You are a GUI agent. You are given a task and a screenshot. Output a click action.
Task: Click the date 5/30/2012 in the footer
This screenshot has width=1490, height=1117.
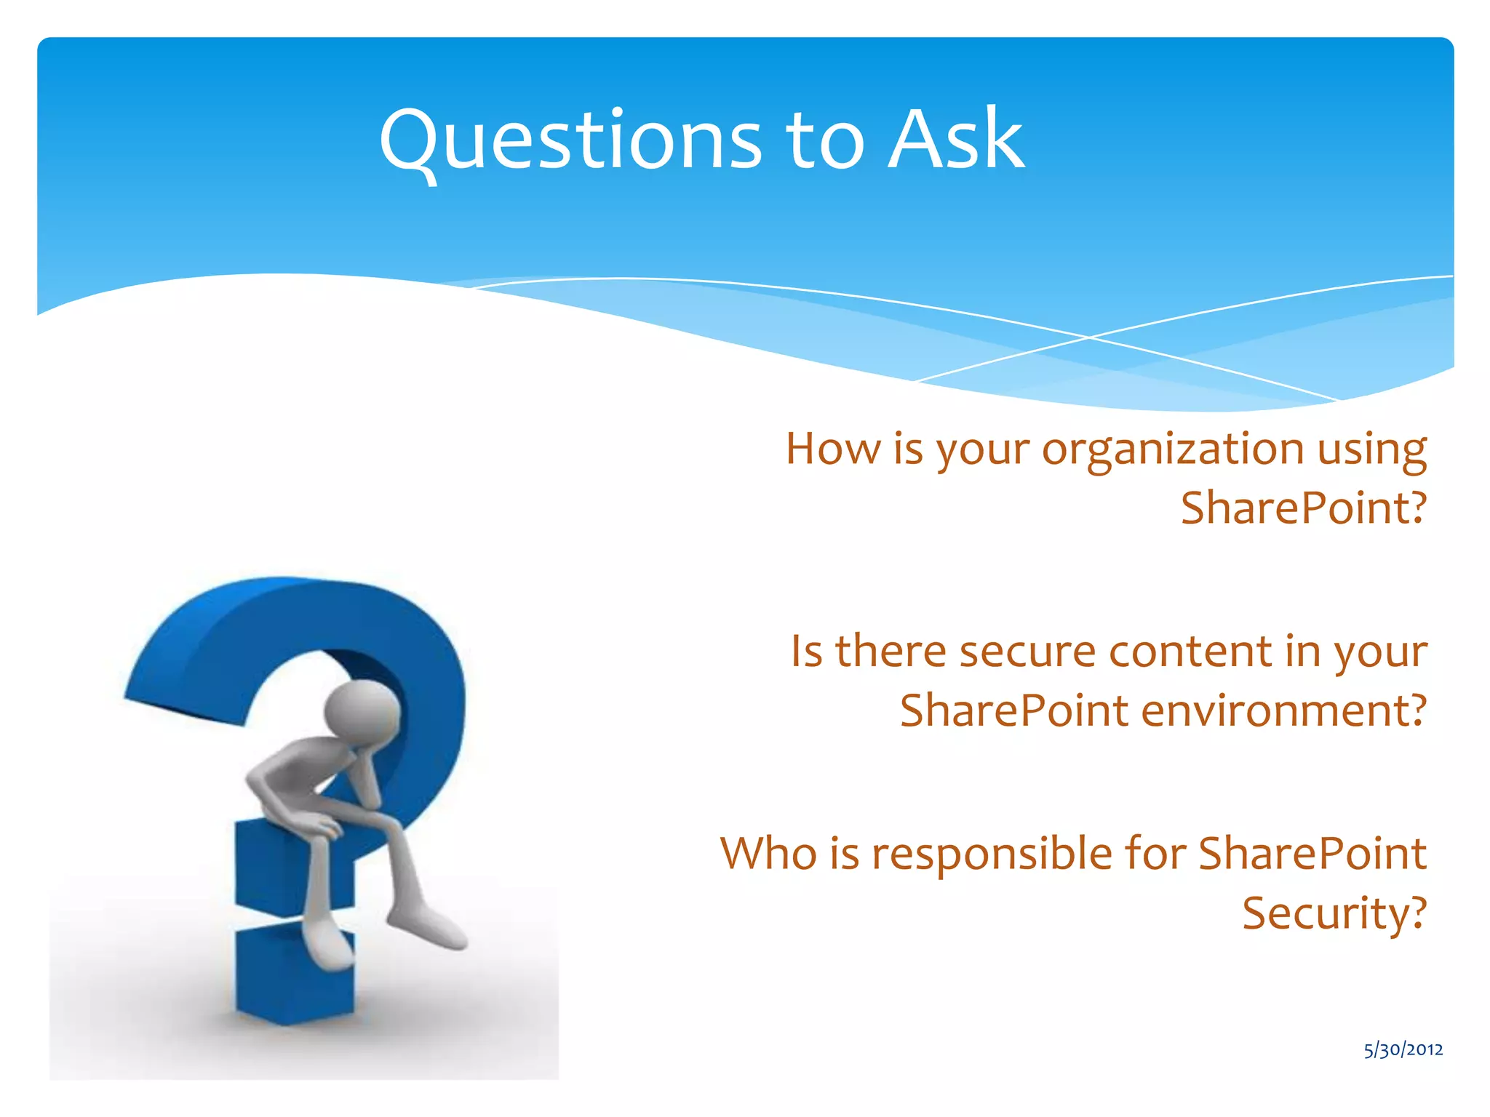tap(1403, 1050)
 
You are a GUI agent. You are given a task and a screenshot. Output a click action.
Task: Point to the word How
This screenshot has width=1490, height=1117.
tap(833, 449)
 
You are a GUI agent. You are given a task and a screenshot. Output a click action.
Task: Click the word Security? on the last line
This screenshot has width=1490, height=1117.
tap(1334, 913)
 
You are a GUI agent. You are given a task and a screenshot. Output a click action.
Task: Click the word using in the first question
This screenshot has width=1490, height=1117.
tap(1371, 450)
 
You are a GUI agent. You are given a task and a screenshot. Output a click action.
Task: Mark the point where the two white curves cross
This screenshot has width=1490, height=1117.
tap(1089, 337)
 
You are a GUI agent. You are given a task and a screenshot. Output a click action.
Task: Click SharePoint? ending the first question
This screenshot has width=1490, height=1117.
tap(1302, 508)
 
